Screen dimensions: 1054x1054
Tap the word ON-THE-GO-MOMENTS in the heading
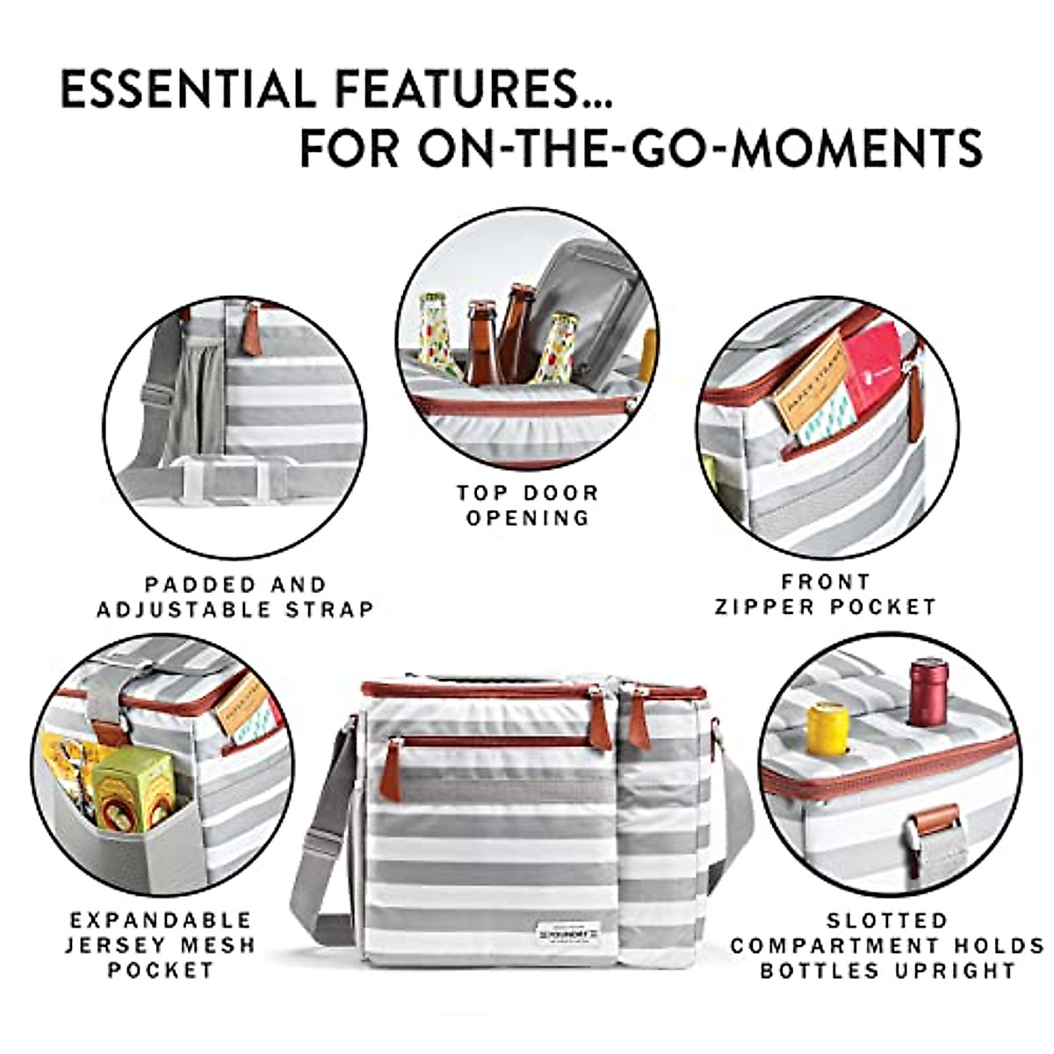pos(699,148)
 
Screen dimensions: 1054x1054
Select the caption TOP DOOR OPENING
pos(527,505)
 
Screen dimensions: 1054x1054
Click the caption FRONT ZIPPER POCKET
pos(826,594)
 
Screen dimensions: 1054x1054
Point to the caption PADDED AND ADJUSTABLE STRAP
pos(235,596)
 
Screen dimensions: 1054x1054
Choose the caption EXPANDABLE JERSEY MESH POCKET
pos(161,945)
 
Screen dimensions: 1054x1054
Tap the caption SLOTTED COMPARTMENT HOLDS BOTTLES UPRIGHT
pos(887,946)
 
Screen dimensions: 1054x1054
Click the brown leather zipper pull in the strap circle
pos(253,328)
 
